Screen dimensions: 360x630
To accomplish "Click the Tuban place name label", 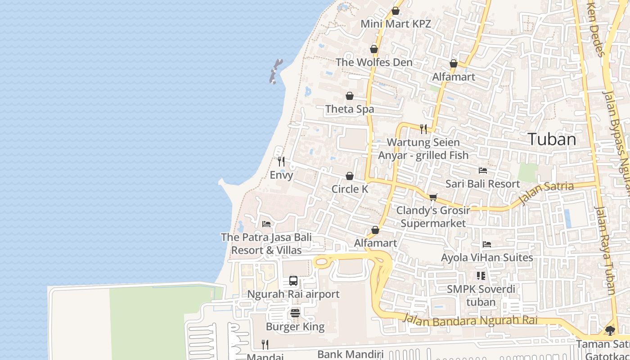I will [x=552, y=139].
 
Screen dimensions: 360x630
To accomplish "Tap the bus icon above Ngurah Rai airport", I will [x=293, y=281].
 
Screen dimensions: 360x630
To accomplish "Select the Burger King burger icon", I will [x=295, y=313].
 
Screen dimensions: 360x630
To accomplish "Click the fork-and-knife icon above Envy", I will [x=281, y=161].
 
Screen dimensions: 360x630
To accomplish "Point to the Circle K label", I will [x=350, y=189].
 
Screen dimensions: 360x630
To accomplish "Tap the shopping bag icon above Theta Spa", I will [x=350, y=96].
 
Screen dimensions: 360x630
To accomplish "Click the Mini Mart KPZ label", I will [x=396, y=24].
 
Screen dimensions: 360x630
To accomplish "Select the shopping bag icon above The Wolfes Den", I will [x=374, y=49].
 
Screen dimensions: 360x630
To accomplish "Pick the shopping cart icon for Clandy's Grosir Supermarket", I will [x=433, y=197].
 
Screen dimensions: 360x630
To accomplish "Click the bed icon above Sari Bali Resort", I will [x=483, y=171].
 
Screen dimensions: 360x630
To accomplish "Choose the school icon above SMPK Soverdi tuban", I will [x=481, y=275].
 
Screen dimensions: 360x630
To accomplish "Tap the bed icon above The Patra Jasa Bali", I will [x=266, y=224].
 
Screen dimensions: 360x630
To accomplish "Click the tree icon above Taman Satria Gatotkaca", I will [x=610, y=331].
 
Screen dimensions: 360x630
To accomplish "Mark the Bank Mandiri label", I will [x=350, y=354].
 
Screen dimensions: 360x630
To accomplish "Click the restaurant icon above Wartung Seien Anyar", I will [x=423, y=129].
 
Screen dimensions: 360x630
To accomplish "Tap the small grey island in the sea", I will [x=275, y=72].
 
